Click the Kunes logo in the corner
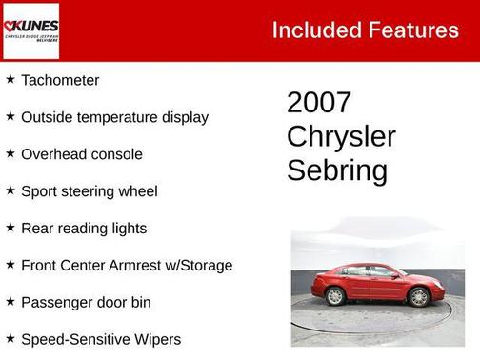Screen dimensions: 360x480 30,30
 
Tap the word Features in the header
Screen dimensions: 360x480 410,30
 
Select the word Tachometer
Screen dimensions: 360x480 60,81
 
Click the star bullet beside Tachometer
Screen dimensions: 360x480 10,80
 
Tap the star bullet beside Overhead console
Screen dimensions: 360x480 10,153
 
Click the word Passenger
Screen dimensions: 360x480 58,303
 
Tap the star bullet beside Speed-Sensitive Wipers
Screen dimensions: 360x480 10,338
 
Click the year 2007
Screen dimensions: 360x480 319,103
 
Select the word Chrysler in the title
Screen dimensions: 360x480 341,136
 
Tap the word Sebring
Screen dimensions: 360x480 337,170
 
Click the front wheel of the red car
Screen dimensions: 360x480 418,296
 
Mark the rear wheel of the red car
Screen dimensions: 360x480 335,296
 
